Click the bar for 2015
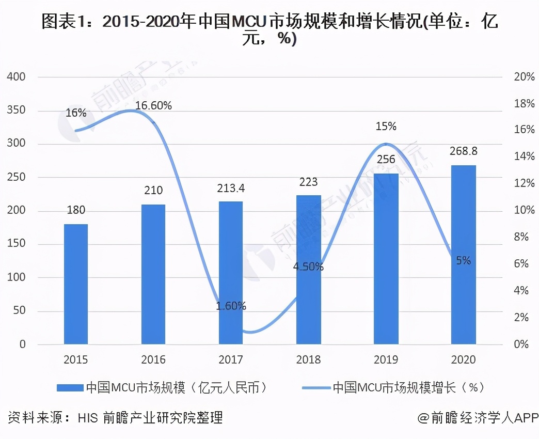[76, 284]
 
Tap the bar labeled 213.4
[231, 272]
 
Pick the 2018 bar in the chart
[308, 270]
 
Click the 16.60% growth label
[153, 106]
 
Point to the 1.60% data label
[231, 306]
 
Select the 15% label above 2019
[386, 127]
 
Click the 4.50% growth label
[308, 267]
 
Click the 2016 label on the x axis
[153, 359]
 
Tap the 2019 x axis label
[386, 359]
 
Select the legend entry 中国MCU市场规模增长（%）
[408, 387]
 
